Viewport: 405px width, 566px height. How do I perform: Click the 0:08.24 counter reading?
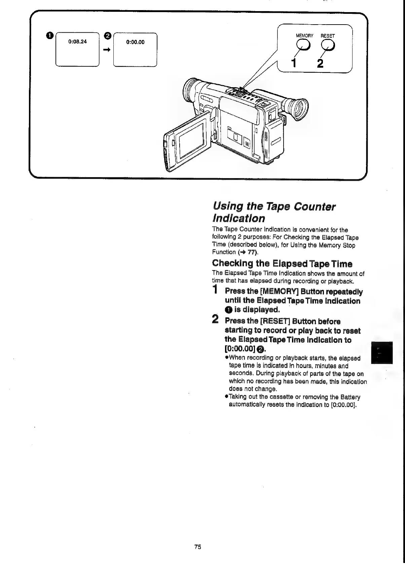click(77, 42)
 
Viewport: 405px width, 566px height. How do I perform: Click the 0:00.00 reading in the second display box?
click(135, 42)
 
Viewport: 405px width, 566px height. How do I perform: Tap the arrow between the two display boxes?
click(107, 49)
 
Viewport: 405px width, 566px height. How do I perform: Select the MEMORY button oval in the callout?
click(303, 44)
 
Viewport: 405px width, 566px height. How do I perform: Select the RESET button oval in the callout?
click(328, 44)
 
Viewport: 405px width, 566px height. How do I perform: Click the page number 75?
click(198, 547)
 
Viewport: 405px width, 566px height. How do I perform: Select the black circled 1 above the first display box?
click(50, 35)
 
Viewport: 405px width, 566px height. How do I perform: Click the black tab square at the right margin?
click(382, 352)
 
